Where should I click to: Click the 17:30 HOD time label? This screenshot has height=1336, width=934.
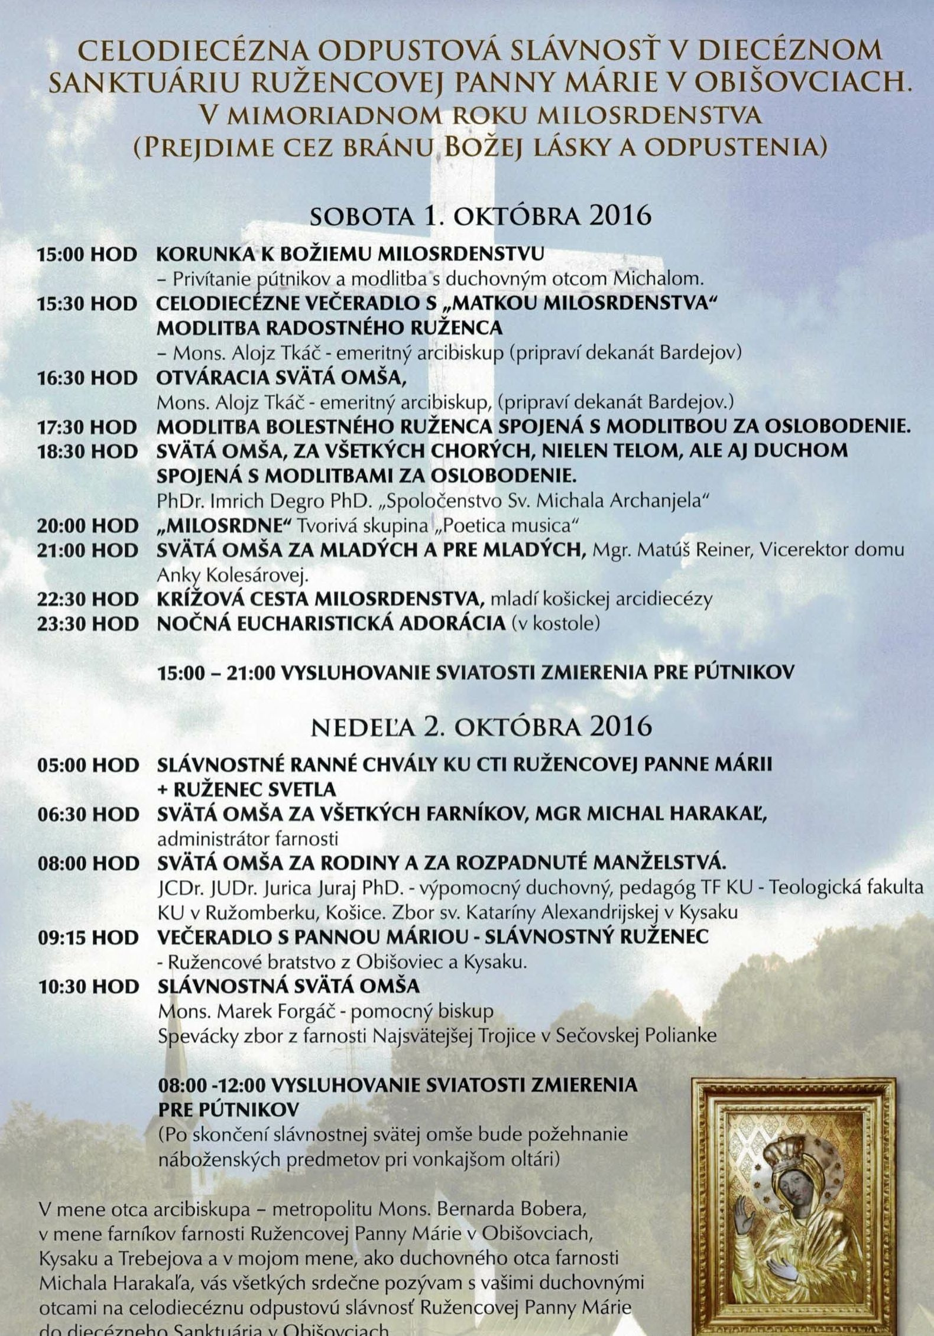[x=87, y=427]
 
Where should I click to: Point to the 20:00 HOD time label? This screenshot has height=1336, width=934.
[x=87, y=525]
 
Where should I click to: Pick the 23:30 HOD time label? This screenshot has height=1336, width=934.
[x=87, y=623]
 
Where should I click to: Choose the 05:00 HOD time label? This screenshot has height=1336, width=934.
[x=87, y=764]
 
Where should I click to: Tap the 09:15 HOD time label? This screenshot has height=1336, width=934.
[x=87, y=937]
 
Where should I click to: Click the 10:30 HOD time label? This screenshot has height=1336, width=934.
[x=87, y=986]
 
